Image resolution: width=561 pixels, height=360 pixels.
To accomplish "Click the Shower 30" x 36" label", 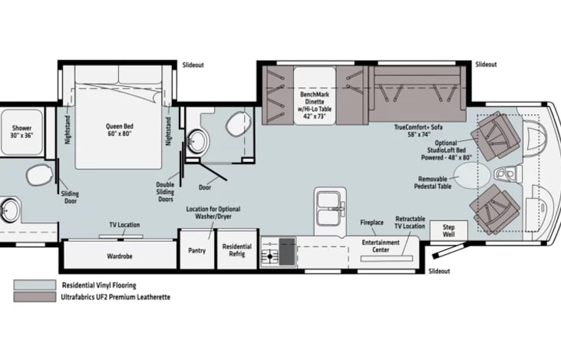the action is [x=21, y=131].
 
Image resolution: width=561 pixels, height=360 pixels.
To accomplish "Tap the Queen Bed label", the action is [x=120, y=130].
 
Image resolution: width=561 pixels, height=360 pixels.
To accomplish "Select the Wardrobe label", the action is [x=120, y=256].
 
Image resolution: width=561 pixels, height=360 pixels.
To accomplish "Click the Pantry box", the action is [x=196, y=249].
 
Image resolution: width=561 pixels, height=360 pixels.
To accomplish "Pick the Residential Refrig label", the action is [x=237, y=250].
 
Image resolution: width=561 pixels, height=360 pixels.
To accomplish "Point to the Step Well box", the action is [x=449, y=231].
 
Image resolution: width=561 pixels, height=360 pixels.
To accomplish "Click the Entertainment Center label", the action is [x=381, y=246].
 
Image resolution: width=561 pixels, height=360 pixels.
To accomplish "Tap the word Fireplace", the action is [x=371, y=223].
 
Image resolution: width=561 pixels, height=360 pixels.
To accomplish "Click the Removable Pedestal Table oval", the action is [x=472, y=175].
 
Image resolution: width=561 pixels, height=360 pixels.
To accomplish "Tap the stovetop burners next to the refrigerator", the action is [x=269, y=251].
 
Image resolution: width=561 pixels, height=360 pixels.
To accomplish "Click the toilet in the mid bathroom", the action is [x=239, y=124].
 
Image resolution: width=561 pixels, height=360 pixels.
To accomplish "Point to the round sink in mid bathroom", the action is [x=198, y=142].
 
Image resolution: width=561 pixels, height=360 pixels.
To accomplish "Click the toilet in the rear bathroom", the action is [x=39, y=175].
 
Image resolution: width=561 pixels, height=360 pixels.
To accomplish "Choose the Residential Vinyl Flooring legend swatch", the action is [x=35, y=285].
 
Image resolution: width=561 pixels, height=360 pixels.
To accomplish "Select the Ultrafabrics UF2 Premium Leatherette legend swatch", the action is [x=35, y=297].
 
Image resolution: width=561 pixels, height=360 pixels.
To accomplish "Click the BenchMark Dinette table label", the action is [x=315, y=105].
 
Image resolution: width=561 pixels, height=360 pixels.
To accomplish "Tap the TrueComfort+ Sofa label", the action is [x=418, y=130].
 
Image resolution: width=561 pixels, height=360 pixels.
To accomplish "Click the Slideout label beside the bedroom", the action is [x=193, y=65].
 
